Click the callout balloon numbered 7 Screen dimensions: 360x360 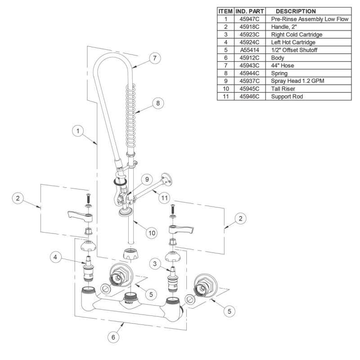point(154,58)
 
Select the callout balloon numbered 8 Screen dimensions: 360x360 point(157,103)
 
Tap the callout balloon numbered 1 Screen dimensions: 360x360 point(78,131)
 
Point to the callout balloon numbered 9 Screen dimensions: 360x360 point(146,179)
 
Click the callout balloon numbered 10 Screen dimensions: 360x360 point(152,233)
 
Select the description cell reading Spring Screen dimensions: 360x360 point(280,74)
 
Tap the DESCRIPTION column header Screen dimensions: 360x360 point(295,11)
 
